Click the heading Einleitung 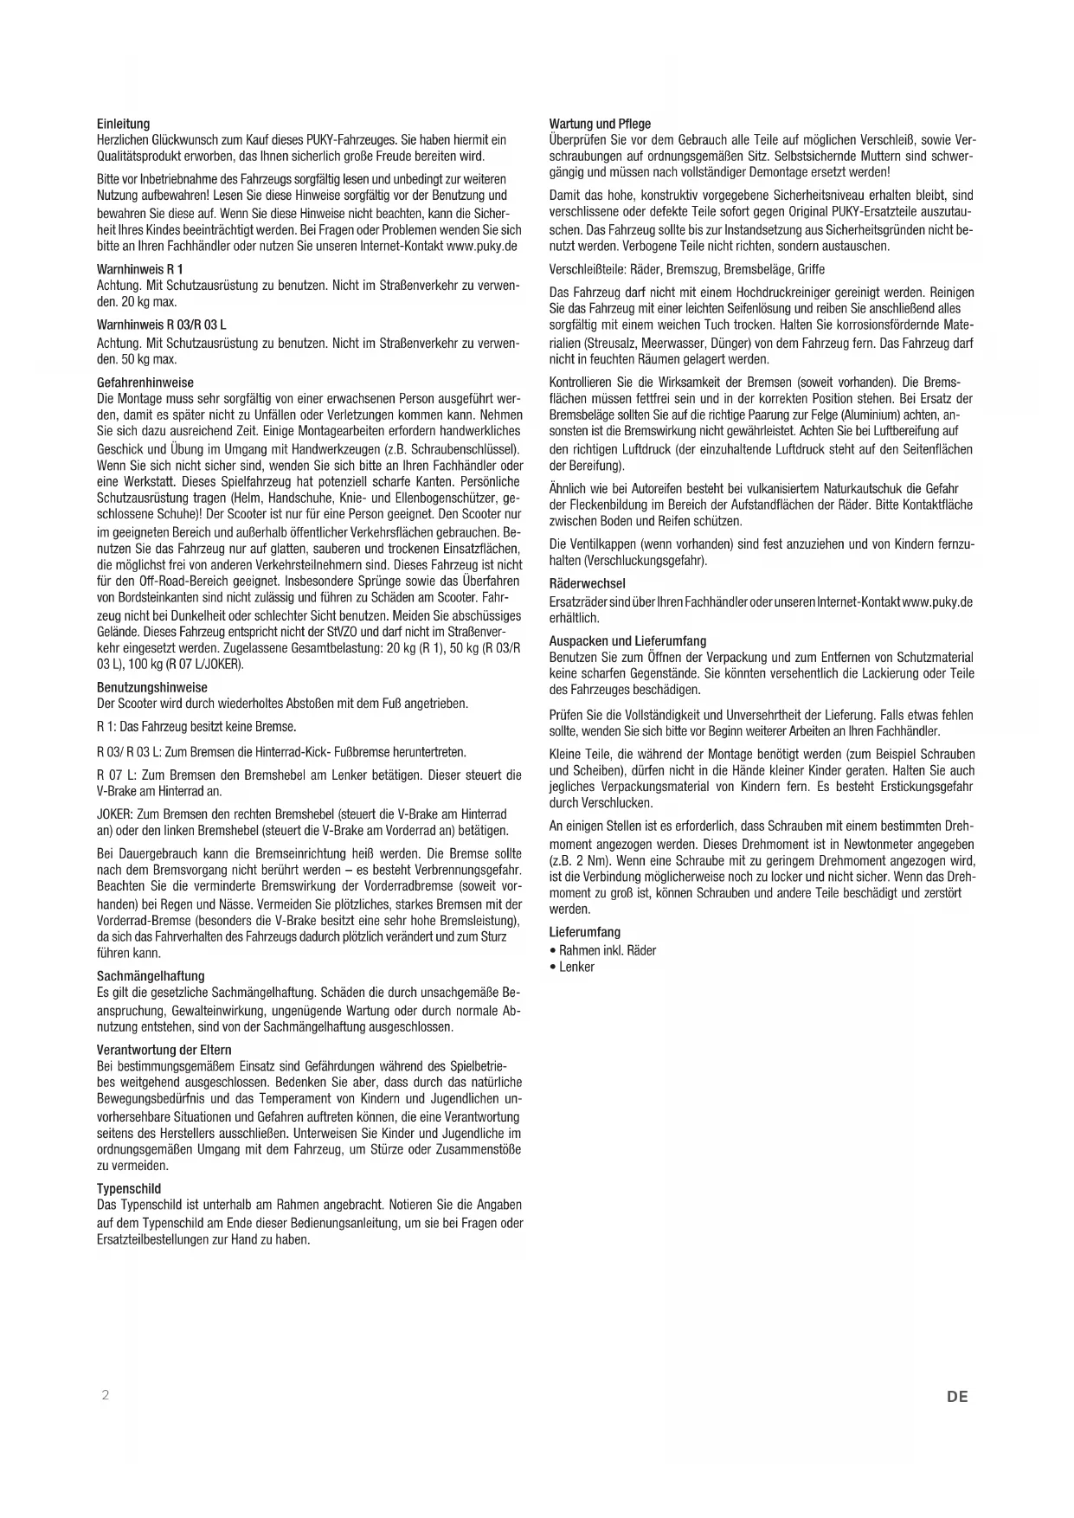click(123, 124)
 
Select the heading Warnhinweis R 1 click(139, 269)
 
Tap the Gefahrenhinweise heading click(145, 383)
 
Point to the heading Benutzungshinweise click(151, 687)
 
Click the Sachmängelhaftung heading click(151, 976)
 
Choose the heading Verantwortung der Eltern click(164, 1050)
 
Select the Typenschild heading click(129, 1188)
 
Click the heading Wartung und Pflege click(600, 124)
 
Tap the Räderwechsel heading click(587, 583)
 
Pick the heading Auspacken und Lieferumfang click(627, 641)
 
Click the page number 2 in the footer click(106, 1395)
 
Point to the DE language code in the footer click(957, 1396)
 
